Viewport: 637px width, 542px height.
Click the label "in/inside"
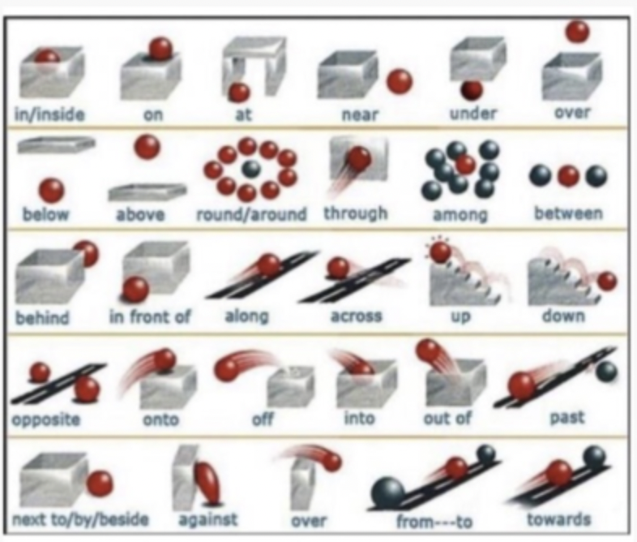click(x=49, y=114)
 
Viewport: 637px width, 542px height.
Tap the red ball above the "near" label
click(x=400, y=81)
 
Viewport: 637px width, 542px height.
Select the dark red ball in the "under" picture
click(x=472, y=89)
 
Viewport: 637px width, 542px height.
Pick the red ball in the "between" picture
click(x=568, y=175)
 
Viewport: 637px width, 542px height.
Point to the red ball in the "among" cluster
click(x=464, y=165)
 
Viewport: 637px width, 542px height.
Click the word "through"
click(x=356, y=213)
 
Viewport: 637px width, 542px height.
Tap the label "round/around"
click(x=251, y=214)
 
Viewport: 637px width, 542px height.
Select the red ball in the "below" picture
click(x=52, y=191)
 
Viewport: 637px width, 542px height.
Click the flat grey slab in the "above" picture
click(x=147, y=192)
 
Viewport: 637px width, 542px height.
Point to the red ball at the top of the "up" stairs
click(x=440, y=252)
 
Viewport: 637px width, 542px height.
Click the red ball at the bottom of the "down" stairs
click(x=606, y=282)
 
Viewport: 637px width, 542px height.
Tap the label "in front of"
click(x=150, y=316)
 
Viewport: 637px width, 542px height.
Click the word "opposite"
click(x=46, y=419)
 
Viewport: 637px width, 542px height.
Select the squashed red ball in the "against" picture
click(x=206, y=480)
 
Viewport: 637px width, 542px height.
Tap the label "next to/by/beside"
click(x=80, y=519)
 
